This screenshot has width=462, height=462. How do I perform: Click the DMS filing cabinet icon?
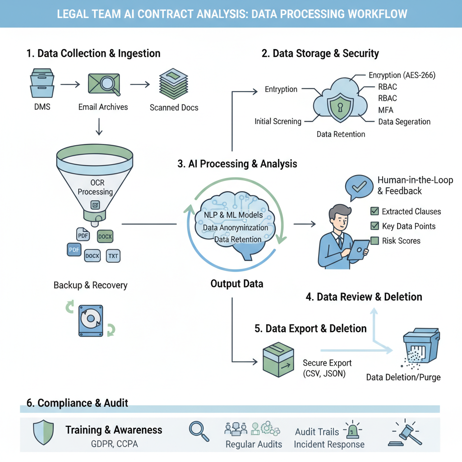[x=42, y=83]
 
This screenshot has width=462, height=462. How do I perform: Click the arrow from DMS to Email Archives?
[x=70, y=84]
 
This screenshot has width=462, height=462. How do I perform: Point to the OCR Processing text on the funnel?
[x=95, y=187]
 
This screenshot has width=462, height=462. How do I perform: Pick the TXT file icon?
[x=113, y=256]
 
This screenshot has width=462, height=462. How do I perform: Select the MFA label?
[x=386, y=110]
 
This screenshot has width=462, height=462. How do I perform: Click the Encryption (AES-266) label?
[x=402, y=75]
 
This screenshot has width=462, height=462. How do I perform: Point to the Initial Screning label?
[x=277, y=121]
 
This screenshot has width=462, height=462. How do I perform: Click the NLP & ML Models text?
[x=233, y=215]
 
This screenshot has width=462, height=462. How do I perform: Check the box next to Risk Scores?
[x=374, y=241]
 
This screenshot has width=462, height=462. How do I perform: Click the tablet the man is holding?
[x=360, y=249]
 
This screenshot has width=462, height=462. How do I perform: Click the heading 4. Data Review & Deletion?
[x=364, y=297]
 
